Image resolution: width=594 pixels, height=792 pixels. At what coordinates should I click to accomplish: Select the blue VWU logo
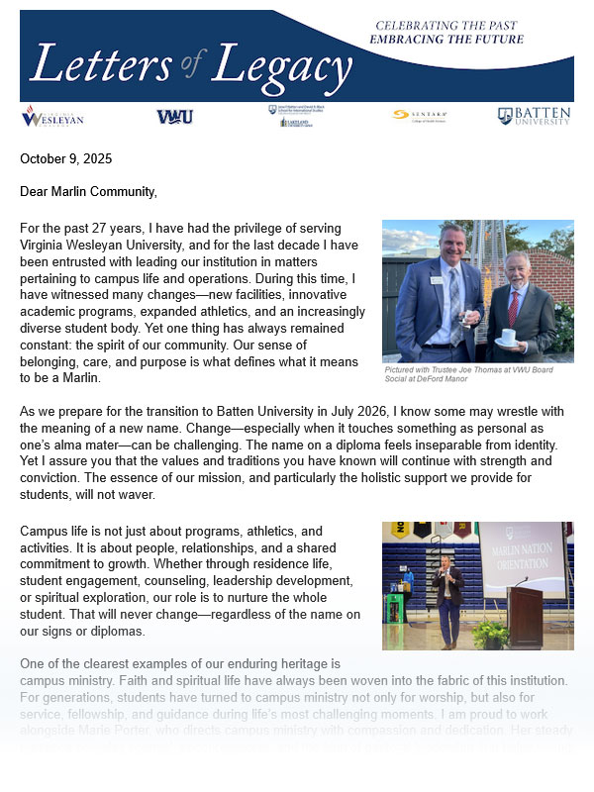click(x=174, y=117)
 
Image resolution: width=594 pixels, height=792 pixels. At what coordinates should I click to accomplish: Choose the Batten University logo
click(x=534, y=116)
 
